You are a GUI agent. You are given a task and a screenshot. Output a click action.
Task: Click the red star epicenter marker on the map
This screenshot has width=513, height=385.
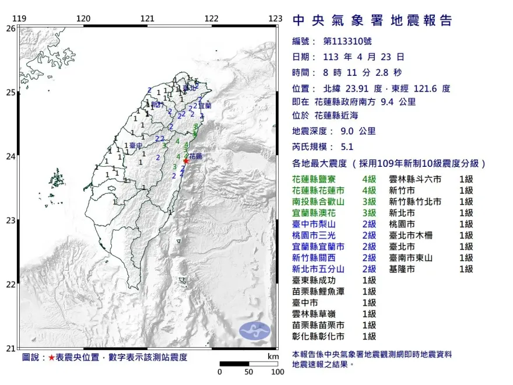(x=186, y=160)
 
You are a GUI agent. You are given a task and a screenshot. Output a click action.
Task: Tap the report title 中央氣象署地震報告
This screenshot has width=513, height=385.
(x=372, y=20)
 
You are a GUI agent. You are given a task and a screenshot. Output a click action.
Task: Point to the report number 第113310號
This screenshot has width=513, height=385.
(x=346, y=41)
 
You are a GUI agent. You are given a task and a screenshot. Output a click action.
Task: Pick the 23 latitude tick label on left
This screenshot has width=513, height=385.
(x=11, y=220)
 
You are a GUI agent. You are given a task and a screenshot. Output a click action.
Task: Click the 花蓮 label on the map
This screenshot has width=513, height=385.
(x=196, y=156)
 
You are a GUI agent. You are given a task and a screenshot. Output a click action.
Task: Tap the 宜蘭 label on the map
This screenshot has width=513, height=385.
(x=205, y=106)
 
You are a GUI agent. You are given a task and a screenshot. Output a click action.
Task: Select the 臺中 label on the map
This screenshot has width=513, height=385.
(x=136, y=145)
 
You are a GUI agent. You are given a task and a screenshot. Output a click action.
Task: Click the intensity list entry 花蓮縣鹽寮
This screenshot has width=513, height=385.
(x=318, y=179)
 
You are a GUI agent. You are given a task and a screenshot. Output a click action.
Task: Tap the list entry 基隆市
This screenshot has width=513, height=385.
(x=402, y=269)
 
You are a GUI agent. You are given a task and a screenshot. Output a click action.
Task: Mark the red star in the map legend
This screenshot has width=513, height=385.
(x=51, y=357)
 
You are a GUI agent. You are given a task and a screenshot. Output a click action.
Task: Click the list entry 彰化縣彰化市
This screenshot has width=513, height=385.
(x=318, y=337)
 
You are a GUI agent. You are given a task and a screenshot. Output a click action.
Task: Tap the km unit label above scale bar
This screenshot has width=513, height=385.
(x=273, y=356)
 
